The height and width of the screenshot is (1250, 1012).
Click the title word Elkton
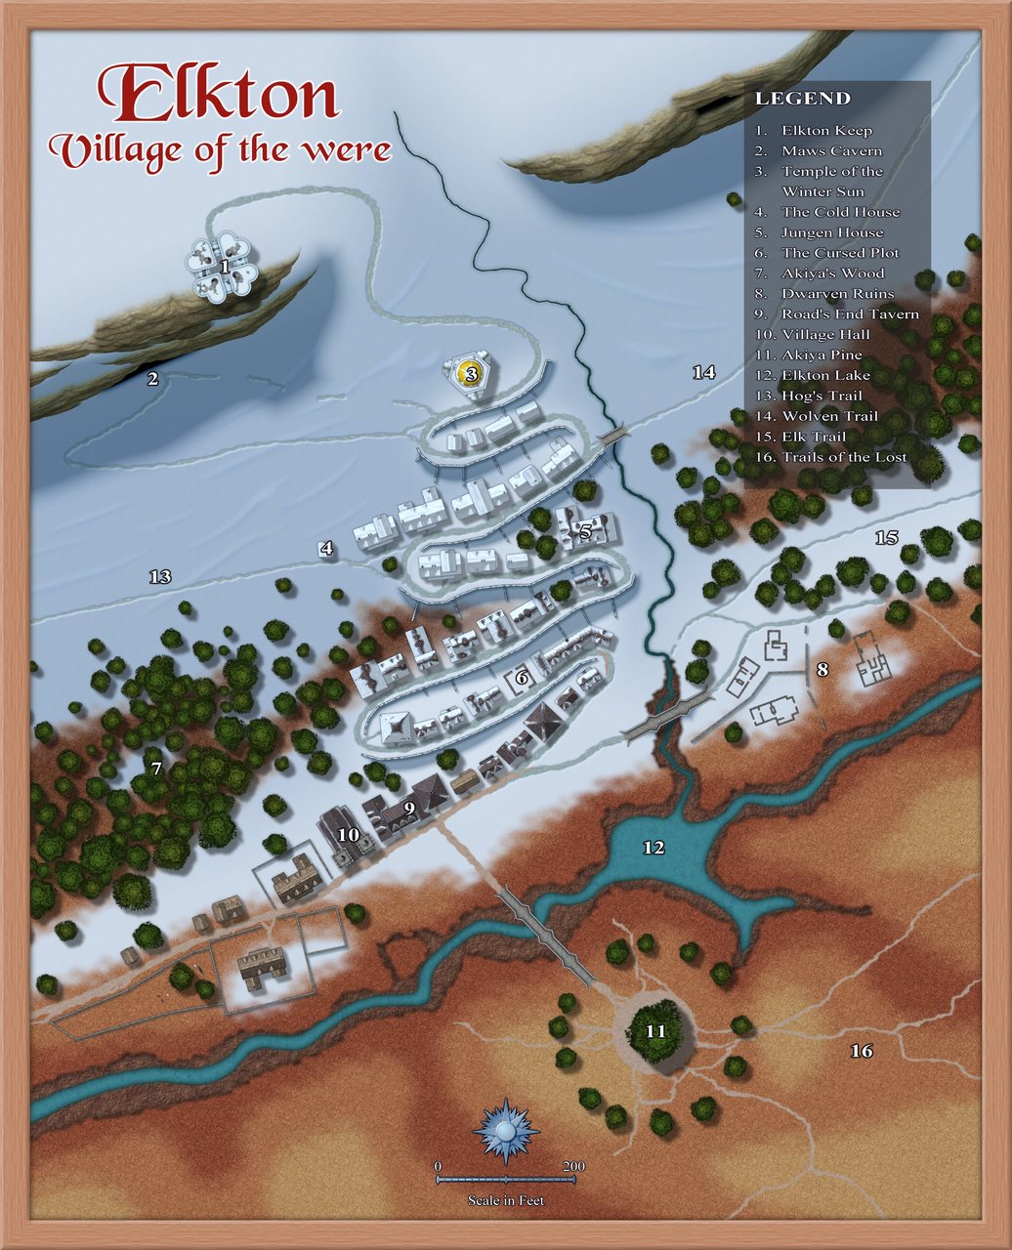tap(219, 95)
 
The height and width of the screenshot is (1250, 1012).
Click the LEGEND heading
tap(802, 99)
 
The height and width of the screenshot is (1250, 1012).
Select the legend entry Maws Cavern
tap(830, 150)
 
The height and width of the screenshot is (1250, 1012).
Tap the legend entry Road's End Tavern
tap(849, 313)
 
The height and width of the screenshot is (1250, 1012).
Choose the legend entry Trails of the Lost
tap(843, 457)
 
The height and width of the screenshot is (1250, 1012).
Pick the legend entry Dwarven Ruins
tap(836, 293)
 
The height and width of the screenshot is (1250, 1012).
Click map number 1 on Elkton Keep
tap(225, 265)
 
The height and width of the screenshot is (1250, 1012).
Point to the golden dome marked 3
tap(471, 373)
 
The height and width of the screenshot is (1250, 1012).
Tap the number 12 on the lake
tap(654, 848)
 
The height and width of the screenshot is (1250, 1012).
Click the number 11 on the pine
tap(655, 1030)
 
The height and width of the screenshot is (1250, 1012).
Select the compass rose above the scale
tap(505, 1130)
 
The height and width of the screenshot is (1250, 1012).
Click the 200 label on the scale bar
tap(573, 1166)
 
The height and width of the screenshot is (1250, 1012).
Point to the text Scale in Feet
tap(505, 1200)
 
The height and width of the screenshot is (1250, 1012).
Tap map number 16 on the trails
tap(861, 1051)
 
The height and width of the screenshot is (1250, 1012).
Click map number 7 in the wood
tap(156, 769)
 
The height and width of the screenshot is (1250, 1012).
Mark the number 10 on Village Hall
tap(348, 834)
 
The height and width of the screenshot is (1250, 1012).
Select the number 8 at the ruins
tap(822, 670)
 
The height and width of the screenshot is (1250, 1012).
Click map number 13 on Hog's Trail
tap(160, 576)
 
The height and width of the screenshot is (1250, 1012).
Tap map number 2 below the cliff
tap(152, 378)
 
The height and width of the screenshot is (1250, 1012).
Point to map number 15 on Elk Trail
tap(886, 537)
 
